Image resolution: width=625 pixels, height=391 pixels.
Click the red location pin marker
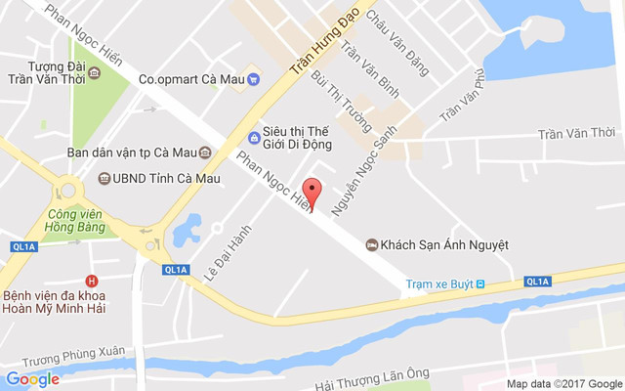pyautogui.click(x=312, y=192)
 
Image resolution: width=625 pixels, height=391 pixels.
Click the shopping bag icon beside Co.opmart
pyautogui.click(x=250, y=79)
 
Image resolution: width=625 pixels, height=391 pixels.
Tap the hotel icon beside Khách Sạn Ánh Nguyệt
pyautogui.click(x=371, y=244)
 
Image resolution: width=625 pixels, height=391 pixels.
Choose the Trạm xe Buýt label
pyautogui.click(x=439, y=284)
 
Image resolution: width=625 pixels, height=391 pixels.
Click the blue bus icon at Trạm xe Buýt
pyautogui.click(x=482, y=284)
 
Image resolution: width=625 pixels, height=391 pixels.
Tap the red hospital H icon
pyautogui.click(x=92, y=281)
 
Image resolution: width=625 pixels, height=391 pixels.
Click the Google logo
pyautogui.click(x=32, y=379)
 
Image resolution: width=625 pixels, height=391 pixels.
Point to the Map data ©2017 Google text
pyautogui.click(x=563, y=383)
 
